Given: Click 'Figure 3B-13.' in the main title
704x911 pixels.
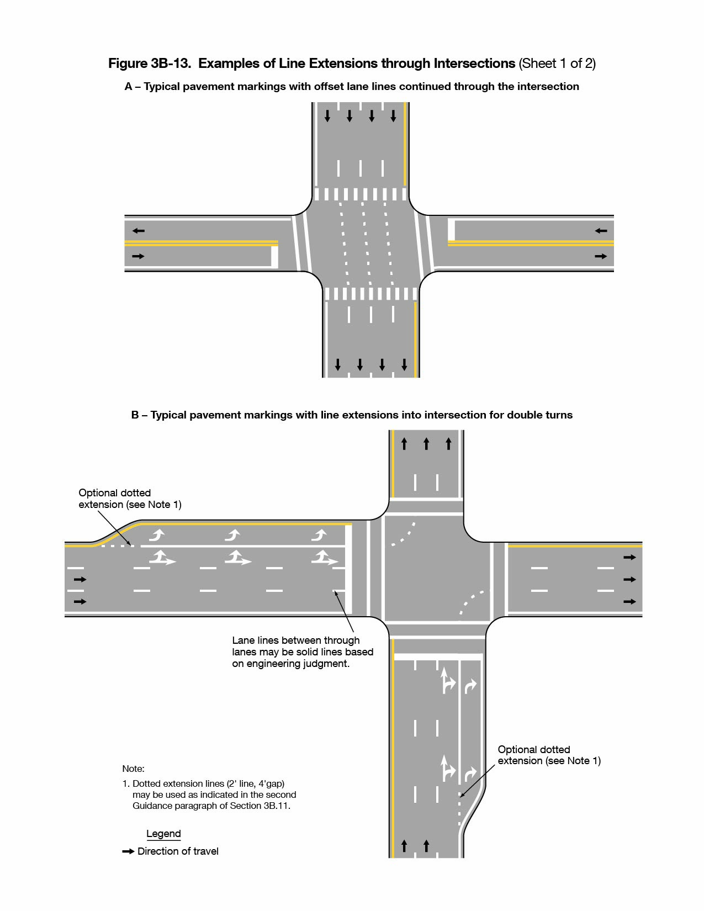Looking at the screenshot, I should [149, 63].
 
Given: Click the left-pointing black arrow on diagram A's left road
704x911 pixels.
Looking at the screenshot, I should [138, 231].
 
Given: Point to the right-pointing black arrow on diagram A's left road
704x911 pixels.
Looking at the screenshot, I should [138, 256].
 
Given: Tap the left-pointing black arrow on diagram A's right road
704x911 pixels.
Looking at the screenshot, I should [601, 231].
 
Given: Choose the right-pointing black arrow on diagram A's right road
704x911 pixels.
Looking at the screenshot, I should [601, 256].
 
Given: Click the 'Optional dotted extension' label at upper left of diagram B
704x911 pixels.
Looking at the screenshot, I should [129, 499].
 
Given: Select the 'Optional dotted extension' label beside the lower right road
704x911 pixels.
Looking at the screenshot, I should [549, 755].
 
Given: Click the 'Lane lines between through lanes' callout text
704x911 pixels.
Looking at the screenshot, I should [302, 652].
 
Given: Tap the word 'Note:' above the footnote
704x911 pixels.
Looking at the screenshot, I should [133, 769].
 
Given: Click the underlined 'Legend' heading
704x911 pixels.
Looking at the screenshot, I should [163, 834].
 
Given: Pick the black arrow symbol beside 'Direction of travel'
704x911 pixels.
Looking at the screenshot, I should [128, 851].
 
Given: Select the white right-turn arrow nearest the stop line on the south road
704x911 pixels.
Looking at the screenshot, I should [470, 686].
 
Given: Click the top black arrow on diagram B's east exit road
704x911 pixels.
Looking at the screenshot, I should [629, 558].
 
